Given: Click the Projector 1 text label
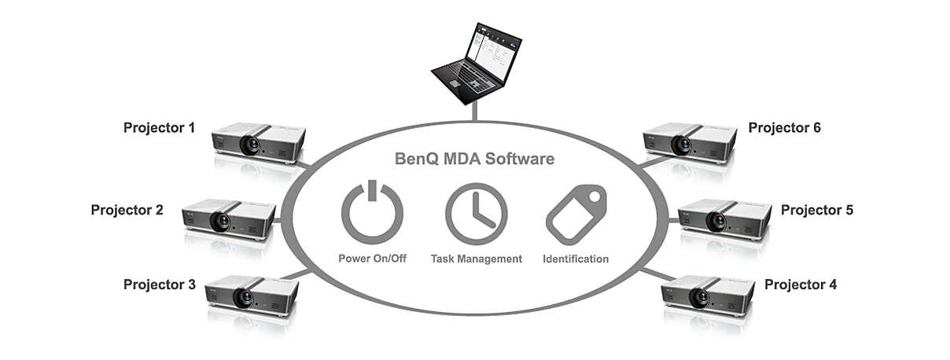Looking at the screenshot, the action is (159, 127).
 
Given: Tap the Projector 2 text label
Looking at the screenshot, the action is (127, 210).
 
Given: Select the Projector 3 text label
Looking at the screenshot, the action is (160, 285).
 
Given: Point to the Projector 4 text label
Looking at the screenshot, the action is (801, 285).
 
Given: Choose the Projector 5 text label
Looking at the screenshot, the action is (817, 210).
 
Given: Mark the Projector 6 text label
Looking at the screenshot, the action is (784, 127).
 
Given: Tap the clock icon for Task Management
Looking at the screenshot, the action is (477, 214).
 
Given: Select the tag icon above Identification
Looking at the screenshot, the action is (576, 215).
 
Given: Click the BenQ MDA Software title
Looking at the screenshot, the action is (474, 159).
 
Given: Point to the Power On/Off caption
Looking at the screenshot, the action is (372, 259).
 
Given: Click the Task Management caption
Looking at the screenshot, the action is (477, 259).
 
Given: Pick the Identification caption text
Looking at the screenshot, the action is (576, 259).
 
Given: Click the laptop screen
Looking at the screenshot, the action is (494, 53).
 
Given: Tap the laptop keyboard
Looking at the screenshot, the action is (470, 79).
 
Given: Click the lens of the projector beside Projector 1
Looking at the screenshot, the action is (250, 145).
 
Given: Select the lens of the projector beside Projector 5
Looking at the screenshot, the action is (716, 221).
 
